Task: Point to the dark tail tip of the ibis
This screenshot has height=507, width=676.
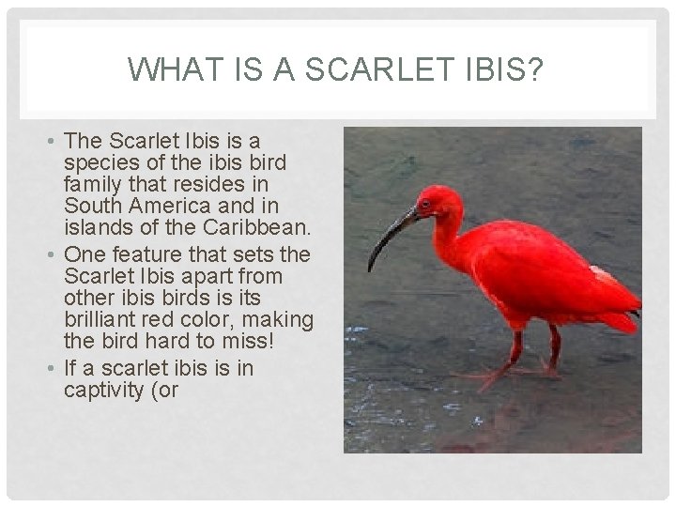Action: [636, 314]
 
